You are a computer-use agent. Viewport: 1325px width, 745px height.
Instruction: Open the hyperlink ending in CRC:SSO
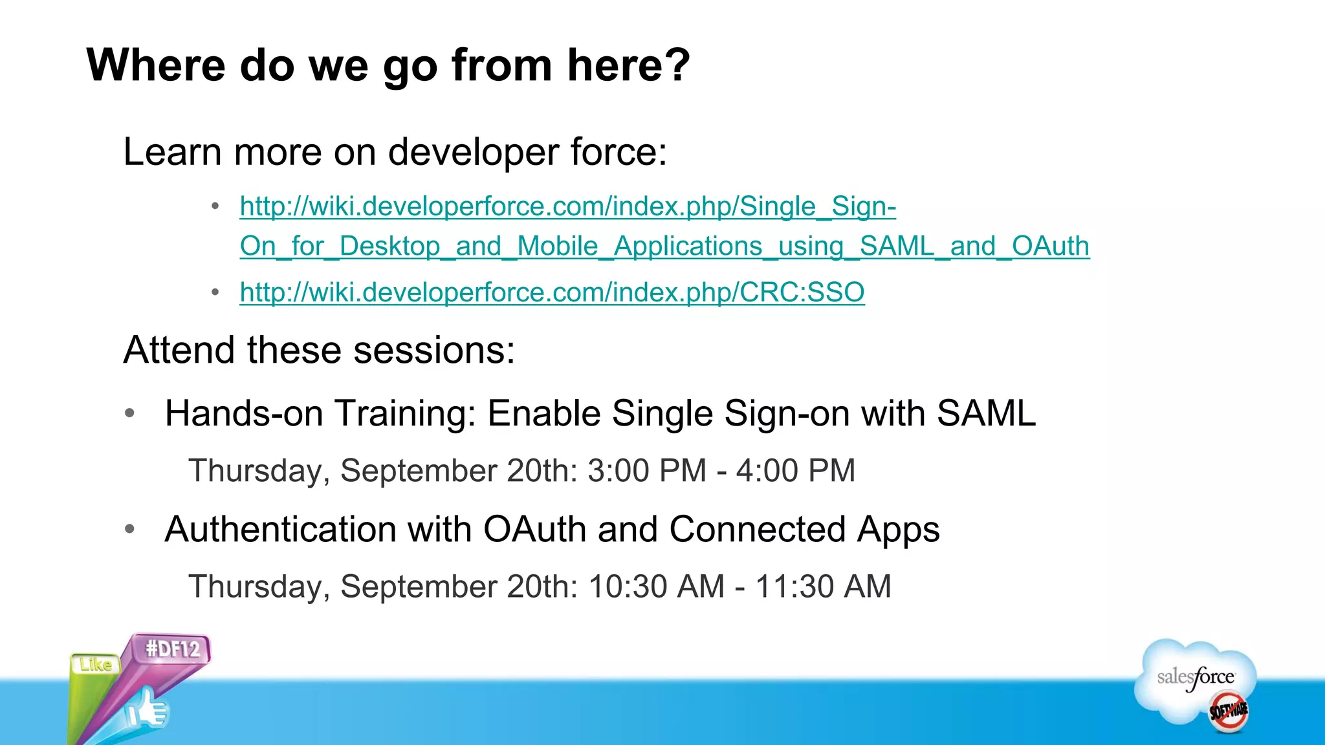551,292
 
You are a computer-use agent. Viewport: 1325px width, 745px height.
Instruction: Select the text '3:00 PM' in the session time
646,471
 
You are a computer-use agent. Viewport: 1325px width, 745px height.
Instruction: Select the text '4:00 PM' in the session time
795,471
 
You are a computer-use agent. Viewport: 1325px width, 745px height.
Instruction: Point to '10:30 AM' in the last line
656,587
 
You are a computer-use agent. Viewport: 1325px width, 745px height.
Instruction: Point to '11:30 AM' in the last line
823,587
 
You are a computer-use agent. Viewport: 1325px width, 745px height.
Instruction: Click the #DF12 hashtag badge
173,649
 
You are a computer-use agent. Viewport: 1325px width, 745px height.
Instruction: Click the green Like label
95,664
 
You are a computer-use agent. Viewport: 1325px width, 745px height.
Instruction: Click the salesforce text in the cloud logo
1195,677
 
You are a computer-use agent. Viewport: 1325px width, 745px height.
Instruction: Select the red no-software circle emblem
1228,711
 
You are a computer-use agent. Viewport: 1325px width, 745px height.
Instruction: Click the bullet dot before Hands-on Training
129,414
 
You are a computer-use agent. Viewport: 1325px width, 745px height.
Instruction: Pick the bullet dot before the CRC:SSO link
215,293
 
